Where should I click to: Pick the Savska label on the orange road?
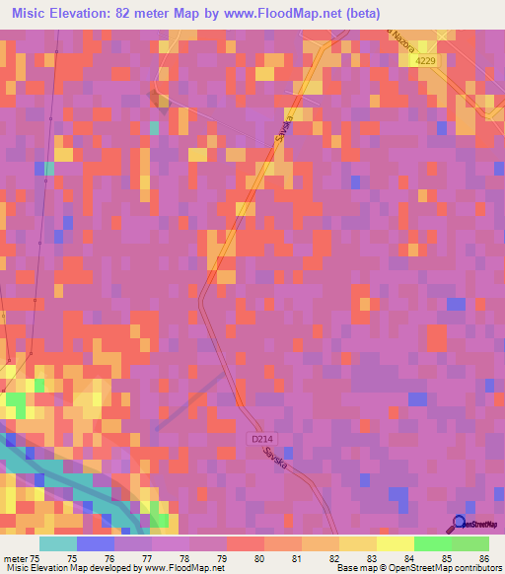click(285, 130)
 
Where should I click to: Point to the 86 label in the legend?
click(484, 558)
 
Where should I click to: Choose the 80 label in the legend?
click(258, 558)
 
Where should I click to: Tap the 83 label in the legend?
click(371, 558)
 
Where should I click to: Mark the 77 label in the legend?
click(145, 558)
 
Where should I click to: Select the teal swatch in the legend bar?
click(58, 543)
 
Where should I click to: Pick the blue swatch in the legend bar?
click(96, 543)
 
